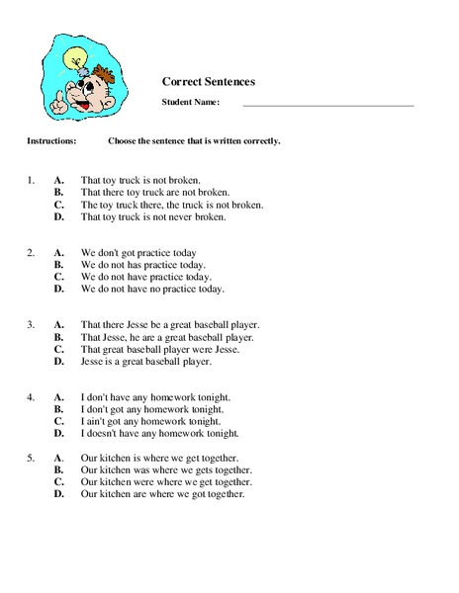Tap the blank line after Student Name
[327, 103]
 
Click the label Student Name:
[190, 102]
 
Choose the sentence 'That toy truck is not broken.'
[140, 181]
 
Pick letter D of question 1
[59, 217]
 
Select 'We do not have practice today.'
[145, 278]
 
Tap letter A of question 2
[59, 253]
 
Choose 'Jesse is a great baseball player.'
[145, 362]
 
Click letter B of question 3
[59, 337]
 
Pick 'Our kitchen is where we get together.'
[163, 458]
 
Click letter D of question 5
[59, 494]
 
